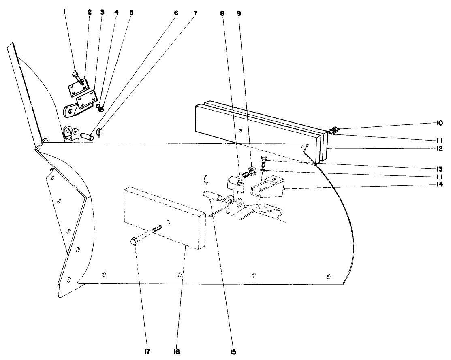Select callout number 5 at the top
coord(131,13)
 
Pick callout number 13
coord(439,168)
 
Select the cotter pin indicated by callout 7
coord(98,132)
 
